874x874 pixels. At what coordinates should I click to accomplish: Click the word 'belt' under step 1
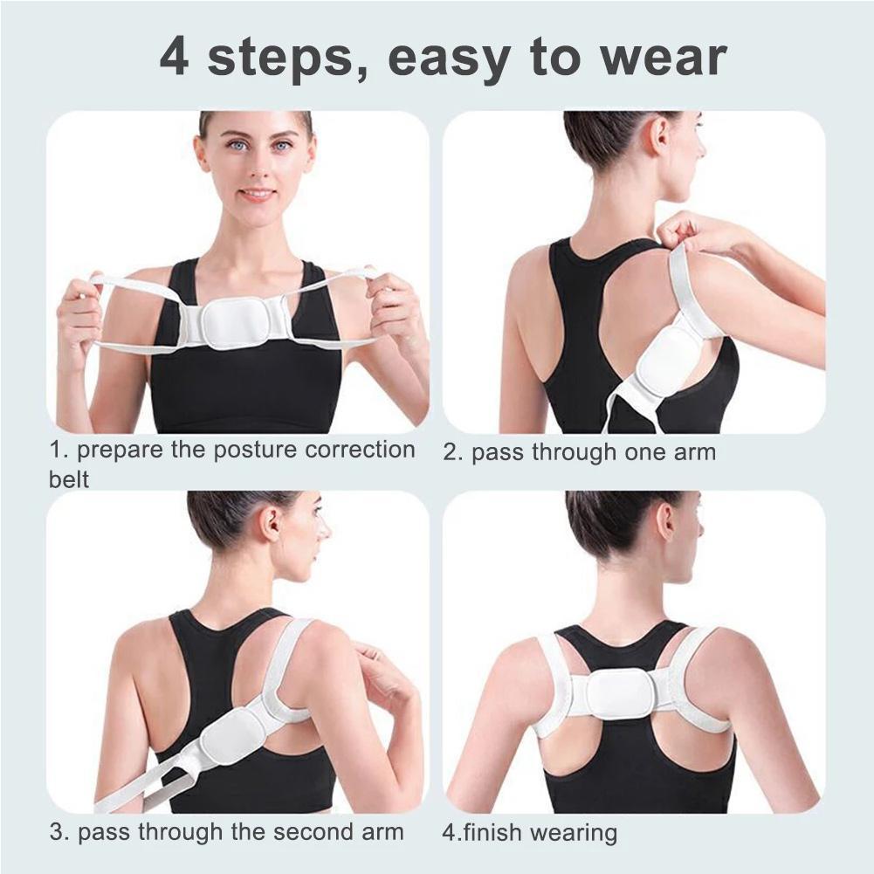[69, 478]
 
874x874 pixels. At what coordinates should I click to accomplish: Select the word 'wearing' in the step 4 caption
[574, 834]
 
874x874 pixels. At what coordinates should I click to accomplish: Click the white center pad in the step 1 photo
[234, 323]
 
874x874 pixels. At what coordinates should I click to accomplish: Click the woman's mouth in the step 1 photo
[257, 194]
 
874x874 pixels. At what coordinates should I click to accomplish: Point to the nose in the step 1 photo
[257, 168]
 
